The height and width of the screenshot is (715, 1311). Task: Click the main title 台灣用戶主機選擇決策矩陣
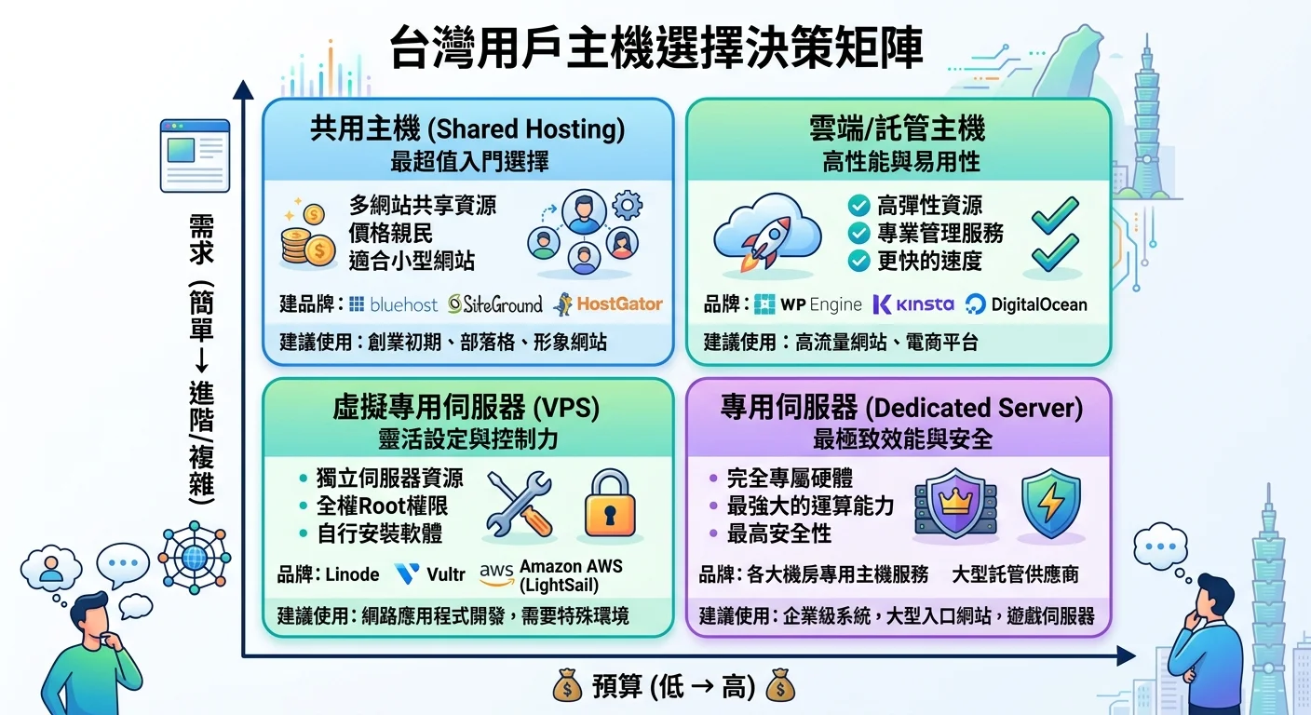point(655,48)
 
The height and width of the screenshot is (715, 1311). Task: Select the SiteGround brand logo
point(494,304)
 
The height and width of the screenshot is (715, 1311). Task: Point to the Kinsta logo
point(913,304)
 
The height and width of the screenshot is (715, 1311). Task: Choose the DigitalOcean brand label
point(1026,304)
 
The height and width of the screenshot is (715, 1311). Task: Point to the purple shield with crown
point(956,503)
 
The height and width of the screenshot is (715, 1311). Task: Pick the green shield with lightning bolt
point(1050,503)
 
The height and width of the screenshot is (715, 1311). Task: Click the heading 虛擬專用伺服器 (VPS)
point(466,409)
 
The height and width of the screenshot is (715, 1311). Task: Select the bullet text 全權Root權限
point(382,506)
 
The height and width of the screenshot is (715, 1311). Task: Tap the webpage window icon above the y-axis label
point(195,155)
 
